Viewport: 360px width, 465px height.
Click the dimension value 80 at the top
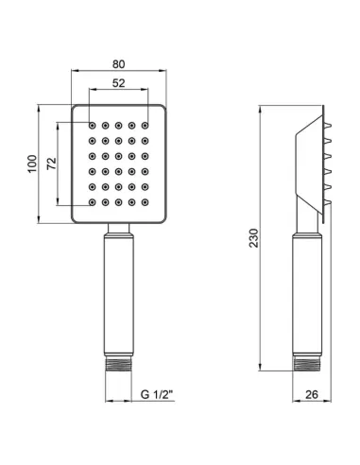[x=119, y=64]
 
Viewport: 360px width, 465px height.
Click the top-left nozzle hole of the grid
[x=93, y=124]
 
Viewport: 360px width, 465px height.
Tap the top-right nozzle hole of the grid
[x=146, y=124]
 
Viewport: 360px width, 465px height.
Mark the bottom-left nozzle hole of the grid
[x=93, y=201]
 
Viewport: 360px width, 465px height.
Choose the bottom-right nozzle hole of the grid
[x=146, y=201]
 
